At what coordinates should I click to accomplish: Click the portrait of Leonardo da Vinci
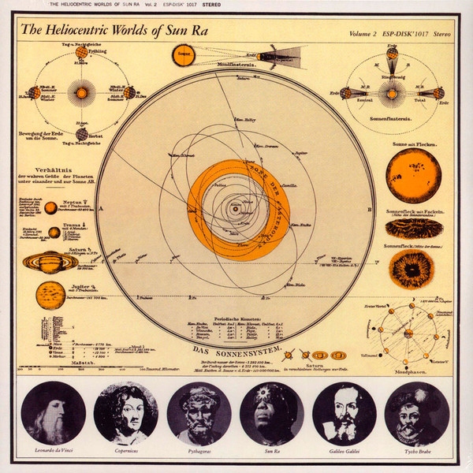pyautogui.click(x=54, y=413)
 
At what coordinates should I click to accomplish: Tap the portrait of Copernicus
pyautogui.click(x=126, y=413)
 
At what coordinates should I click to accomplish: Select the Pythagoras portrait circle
pyautogui.click(x=199, y=413)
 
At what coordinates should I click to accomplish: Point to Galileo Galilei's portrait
pyautogui.click(x=345, y=413)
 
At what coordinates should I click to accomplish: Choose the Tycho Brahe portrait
pyautogui.click(x=418, y=413)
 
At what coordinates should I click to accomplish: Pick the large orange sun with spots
pyautogui.click(x=413, y=175)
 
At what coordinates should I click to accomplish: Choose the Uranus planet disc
pyautogui.click(x=54, y=233)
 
